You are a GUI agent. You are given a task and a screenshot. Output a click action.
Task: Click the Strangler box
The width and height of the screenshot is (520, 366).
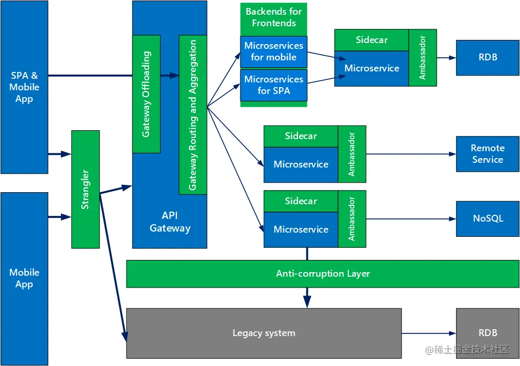point(86,189)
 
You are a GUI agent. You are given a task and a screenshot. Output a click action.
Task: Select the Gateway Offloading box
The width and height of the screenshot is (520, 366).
point(146,94)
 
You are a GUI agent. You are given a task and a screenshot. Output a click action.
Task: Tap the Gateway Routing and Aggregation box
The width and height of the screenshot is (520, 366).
point(193,114)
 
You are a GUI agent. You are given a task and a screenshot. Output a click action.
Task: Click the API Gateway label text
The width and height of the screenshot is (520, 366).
point(169,222)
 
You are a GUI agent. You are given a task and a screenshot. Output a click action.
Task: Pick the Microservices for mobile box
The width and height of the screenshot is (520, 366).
point(273,51)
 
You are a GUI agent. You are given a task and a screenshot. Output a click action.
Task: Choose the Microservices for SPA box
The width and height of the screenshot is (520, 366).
point(273,85)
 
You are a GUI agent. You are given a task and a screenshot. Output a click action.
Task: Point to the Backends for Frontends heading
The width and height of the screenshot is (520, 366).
point(273,17)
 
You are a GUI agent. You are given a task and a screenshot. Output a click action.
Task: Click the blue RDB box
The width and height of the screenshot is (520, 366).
point(487,57)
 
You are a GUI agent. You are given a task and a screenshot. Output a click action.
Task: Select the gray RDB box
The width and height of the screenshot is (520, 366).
point(487,333)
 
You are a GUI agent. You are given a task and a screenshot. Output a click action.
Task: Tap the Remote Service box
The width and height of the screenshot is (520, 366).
point(487,154)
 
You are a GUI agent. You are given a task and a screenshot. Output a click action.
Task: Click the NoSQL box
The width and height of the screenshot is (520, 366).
point(487,218)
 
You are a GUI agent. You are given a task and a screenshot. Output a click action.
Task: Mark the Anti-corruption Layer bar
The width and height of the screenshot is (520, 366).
point(323,274)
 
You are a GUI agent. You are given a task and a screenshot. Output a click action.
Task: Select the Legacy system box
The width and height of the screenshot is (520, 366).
point(264,333)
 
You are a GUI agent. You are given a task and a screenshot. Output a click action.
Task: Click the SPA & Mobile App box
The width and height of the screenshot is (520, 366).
point(24,87)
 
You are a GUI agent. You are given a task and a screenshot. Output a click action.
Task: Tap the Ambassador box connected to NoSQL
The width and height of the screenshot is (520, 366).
point(352,219)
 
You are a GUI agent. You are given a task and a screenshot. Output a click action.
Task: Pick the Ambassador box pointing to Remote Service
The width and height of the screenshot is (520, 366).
point(352,154)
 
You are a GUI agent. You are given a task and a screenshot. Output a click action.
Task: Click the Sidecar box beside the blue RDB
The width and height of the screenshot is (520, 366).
point(372,40)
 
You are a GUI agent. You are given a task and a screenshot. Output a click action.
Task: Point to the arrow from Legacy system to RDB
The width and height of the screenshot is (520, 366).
point(428,333)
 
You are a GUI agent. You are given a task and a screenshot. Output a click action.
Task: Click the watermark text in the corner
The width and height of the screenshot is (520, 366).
point(468,349)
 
